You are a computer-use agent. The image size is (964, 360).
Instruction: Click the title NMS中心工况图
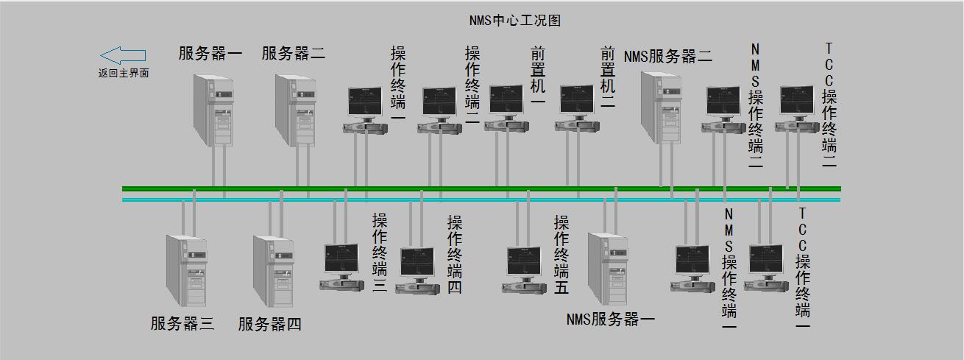(514, 20)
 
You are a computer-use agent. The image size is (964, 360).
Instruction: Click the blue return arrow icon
(123, 55)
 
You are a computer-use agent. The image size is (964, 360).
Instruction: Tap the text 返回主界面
(124, 73)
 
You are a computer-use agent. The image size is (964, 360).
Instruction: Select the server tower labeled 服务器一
(213, 110)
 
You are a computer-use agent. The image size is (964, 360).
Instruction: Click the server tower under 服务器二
(296, 110)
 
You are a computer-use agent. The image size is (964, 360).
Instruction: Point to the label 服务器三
(182, 323)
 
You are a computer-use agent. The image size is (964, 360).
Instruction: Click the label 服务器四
(270, 324)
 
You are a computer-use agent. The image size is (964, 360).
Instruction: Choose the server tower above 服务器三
(186, 271)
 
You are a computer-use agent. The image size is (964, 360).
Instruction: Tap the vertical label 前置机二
(608, 77)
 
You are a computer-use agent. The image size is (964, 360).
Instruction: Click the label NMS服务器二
(668, 56)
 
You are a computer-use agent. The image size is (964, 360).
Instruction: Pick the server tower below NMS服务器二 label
(661, 107)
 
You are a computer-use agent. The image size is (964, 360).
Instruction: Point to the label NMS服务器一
(610, 319)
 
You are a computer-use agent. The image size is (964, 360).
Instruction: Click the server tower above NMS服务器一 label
(608, 269)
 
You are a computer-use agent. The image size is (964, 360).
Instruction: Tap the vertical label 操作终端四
(455, 255)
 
